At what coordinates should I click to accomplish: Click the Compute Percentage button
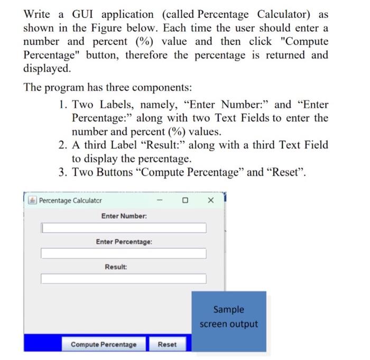104,345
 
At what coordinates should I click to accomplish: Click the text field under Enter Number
124,228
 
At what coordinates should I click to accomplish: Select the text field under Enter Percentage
124,253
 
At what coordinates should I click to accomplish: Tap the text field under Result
124,279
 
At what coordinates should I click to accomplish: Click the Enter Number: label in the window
124,216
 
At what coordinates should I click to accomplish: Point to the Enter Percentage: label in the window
124,242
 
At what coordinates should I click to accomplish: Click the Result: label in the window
116,267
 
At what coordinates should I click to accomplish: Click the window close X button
210,200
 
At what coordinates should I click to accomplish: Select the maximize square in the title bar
185,200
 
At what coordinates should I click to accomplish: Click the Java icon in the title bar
32,201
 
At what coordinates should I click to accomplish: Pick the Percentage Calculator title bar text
70,201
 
